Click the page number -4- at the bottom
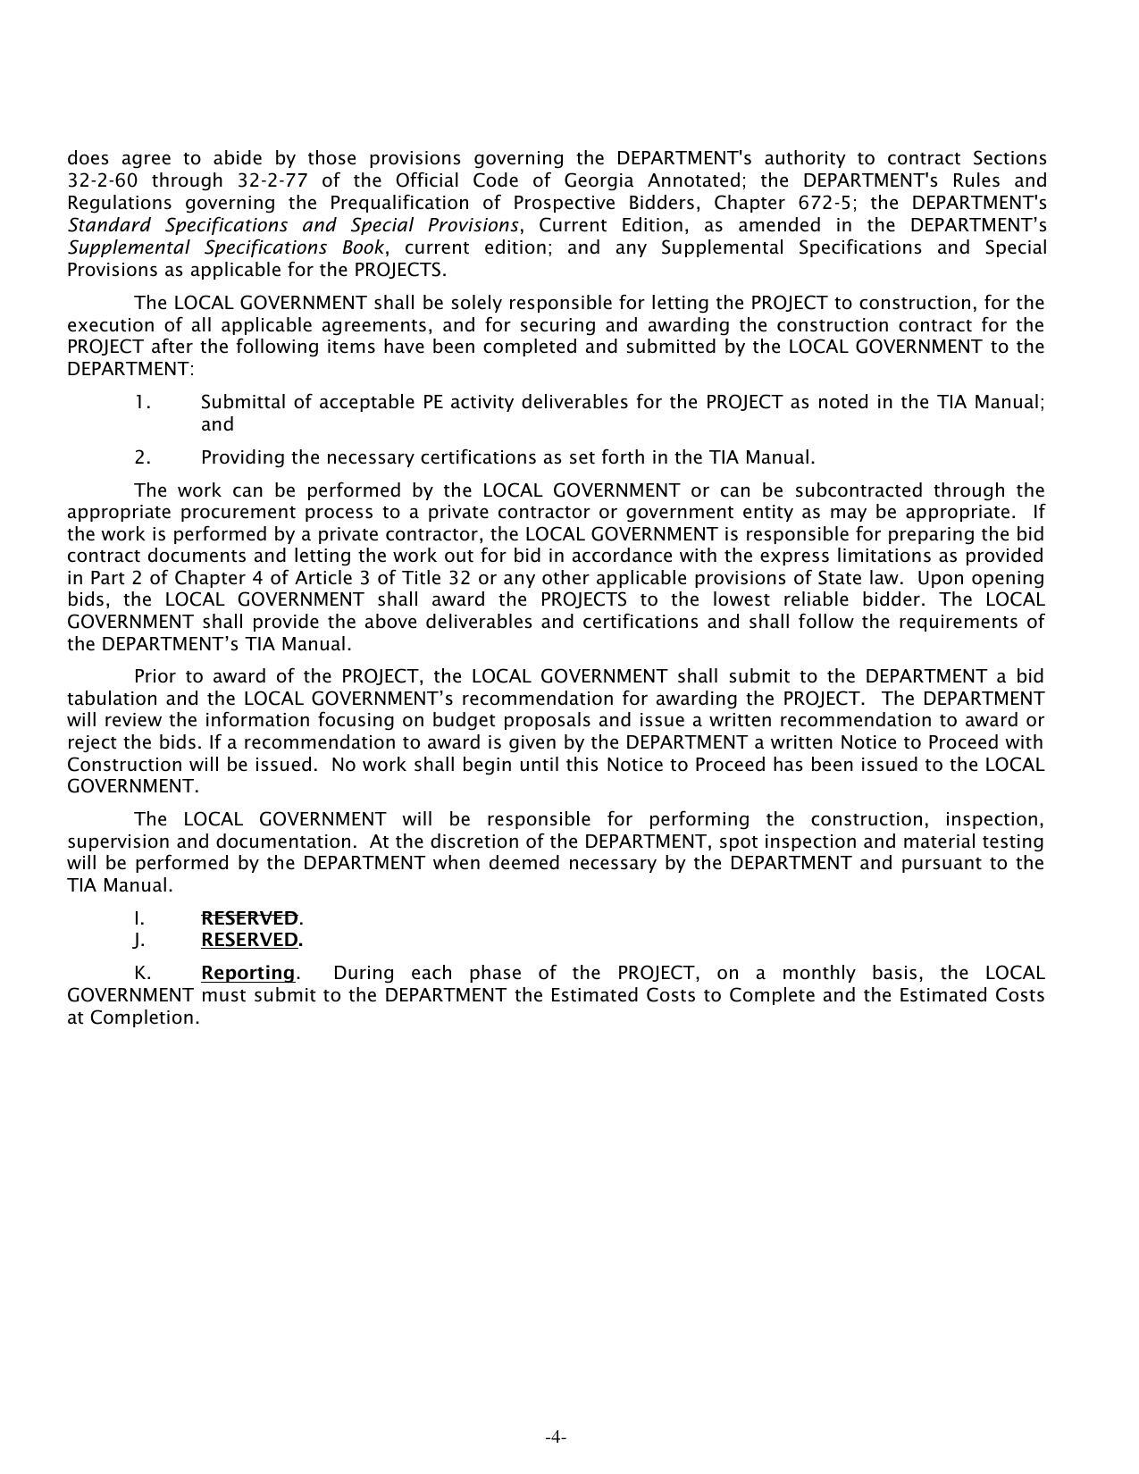point(556,1437)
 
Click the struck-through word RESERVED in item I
point(249,917)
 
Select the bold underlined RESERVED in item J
point(249,940)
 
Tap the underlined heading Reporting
point(247,973)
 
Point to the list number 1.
point(143,402)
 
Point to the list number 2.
point(143,457)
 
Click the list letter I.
point(139,917)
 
